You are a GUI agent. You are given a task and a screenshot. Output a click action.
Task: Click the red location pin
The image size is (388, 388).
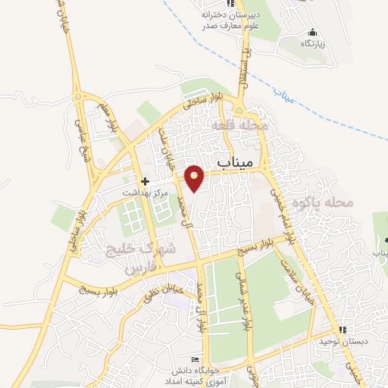[x=195, y=178]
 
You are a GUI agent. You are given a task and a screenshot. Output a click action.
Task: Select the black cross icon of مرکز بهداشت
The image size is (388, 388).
[x=145, y=182]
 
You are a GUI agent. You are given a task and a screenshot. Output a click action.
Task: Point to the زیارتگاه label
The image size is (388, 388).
[x=312, y=44]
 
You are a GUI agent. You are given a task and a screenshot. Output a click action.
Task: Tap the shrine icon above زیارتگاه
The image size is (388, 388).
[x=312, y=33]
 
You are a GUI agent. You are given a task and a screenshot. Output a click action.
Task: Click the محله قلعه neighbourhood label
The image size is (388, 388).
[x=239, y=125]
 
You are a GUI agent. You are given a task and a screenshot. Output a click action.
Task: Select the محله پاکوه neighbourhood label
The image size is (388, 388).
[x=327, y=202]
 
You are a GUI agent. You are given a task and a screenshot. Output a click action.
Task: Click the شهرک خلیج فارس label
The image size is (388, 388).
[x=148, y=258]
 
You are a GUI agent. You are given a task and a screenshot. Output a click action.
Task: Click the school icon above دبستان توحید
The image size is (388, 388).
[x=343, y=330]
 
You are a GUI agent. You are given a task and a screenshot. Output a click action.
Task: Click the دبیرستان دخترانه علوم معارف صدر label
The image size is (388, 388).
[x=230, y=19]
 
